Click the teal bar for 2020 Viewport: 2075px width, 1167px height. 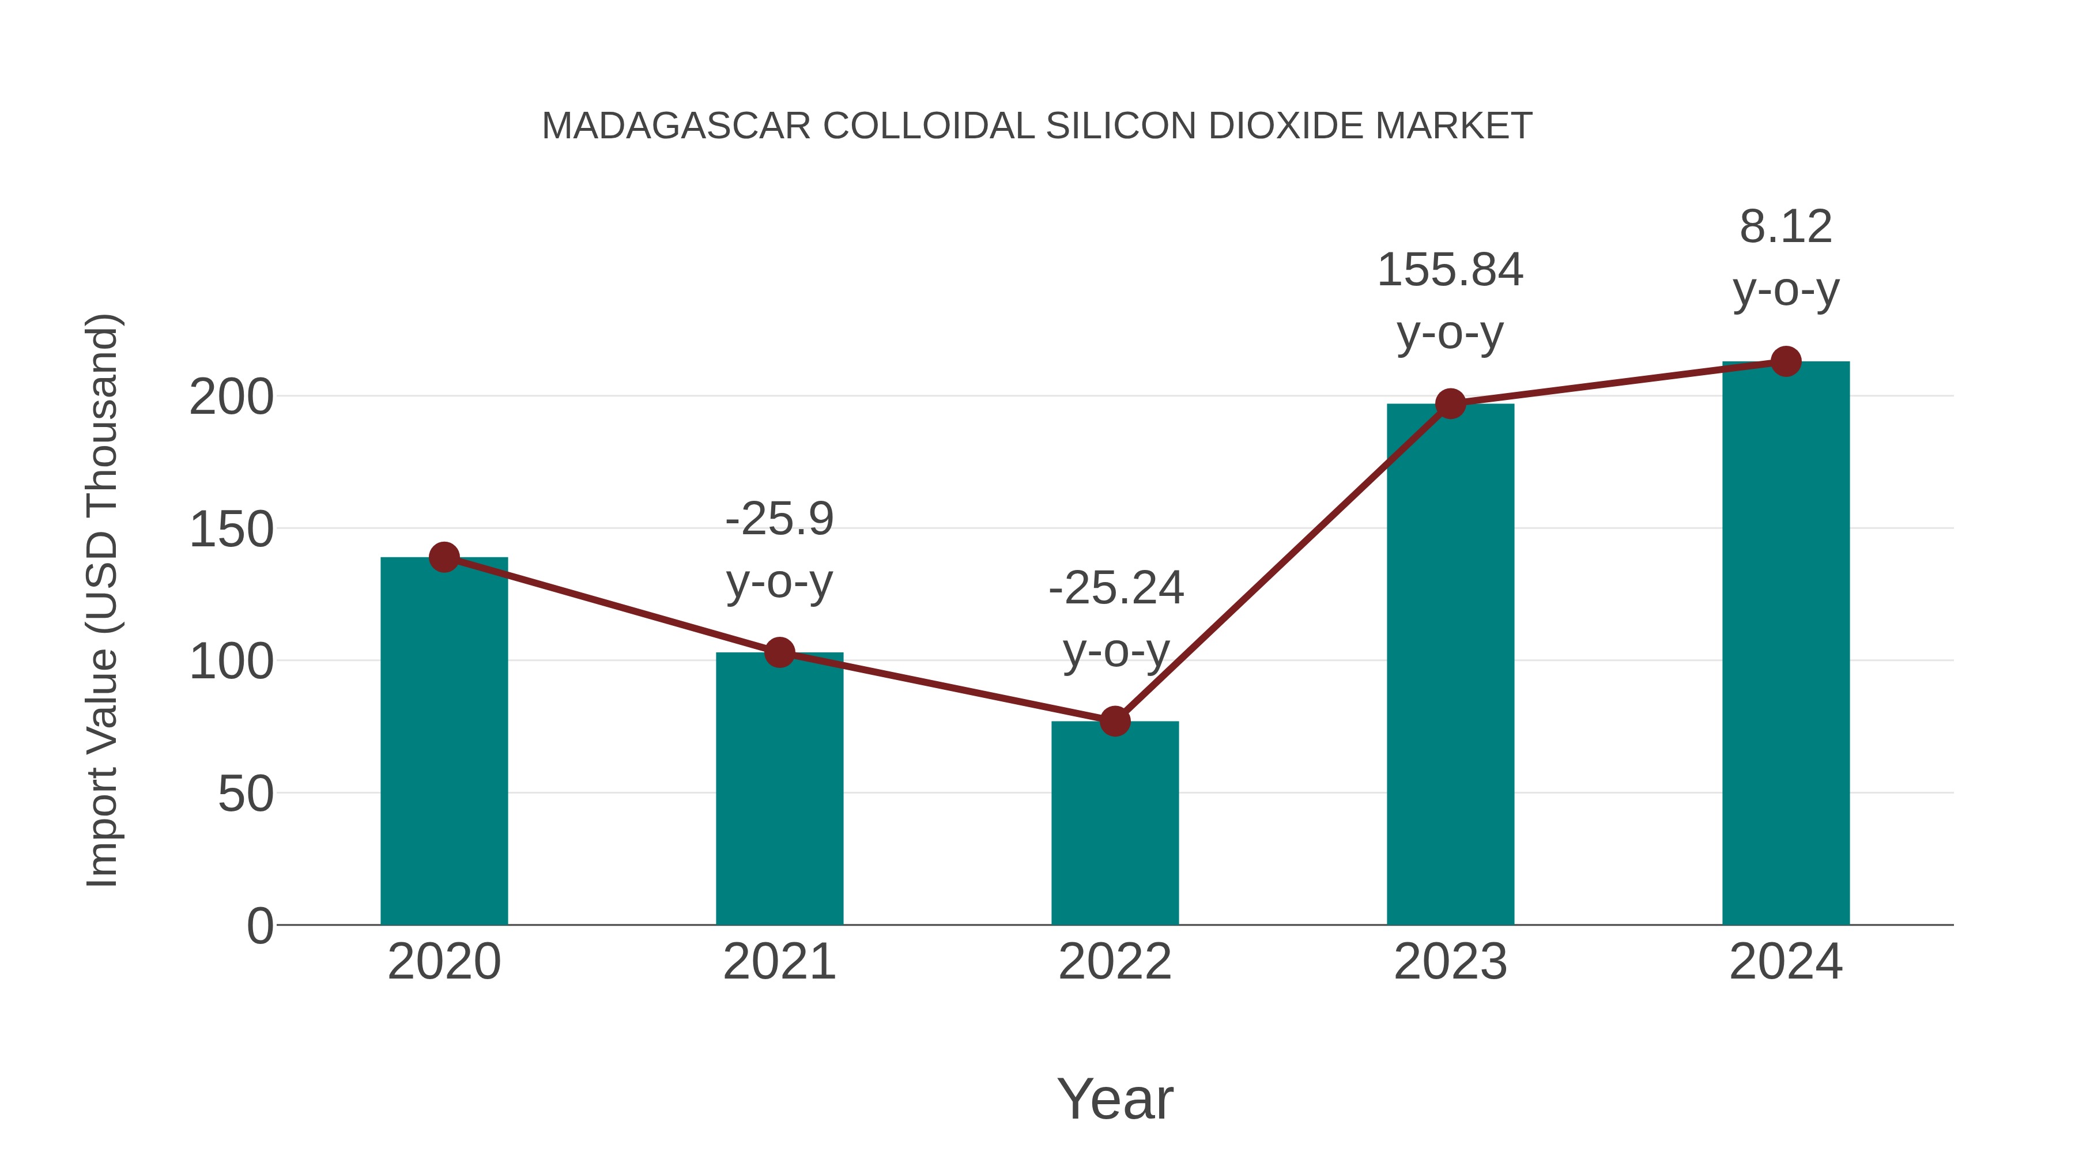click(x=444, y=741)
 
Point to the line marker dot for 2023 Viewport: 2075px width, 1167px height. click(x=1451, y=403)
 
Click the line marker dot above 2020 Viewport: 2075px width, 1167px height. click(x=444, y=557)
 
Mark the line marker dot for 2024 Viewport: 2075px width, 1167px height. click(x=1786, y=361)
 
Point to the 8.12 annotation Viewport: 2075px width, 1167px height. click(x=1786, y=227)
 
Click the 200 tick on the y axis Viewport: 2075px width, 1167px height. click(x=231, y=397)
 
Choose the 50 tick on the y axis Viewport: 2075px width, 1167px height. click(x=246, y=794)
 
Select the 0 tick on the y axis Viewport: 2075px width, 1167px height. click(x=260, y=926)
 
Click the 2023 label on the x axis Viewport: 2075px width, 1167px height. click(x=1450, y=962)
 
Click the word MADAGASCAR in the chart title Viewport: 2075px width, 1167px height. click(x=676, y=126)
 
